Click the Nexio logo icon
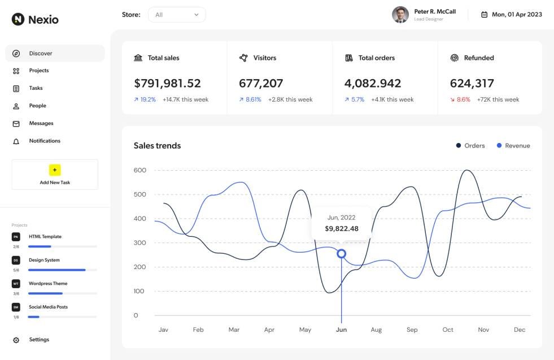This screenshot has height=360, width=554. [18, 19]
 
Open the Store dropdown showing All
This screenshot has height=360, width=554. [177, 15]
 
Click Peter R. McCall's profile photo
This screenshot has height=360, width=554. [400, 15]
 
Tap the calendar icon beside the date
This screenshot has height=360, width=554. [484, 15]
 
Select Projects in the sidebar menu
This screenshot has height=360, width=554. [38, 71]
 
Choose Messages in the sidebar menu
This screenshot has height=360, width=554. [41, 123]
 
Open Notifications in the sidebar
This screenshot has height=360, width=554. [44, 141]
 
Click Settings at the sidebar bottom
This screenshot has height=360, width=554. [38, 340]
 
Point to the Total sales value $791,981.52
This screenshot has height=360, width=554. [167, 84]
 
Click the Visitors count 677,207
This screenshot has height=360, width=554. [261, 84]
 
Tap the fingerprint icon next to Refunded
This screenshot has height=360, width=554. [454, 58]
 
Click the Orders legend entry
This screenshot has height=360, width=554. [470, 146]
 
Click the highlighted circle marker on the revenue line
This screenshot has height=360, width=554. [341, 254]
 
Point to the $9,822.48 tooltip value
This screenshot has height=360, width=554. [341, 229]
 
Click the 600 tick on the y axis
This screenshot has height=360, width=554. [139, 170]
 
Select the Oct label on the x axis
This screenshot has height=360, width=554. [448, 329]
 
